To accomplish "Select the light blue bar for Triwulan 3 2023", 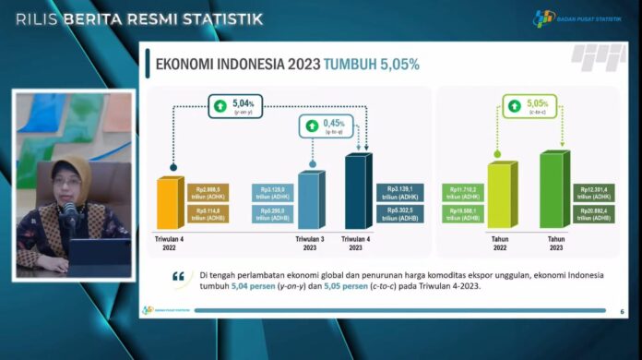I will tap(308, 199).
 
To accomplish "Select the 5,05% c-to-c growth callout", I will tap(526, 107).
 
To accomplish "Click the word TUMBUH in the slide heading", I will tap(354, 65).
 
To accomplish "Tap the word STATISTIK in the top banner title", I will tap(217, 18).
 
